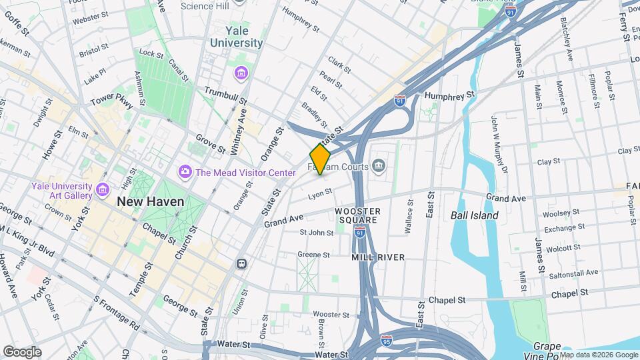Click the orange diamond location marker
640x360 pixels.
coord(320,160)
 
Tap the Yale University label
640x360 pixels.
coord(237,37)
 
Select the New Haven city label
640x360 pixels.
coord(148,201)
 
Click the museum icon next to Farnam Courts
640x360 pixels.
coord(379,165)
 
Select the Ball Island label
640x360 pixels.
coord(474,215)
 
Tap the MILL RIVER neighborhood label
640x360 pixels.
coord(378,257)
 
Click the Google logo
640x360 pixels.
coord(22,351)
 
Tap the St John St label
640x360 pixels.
coord(316,233)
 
